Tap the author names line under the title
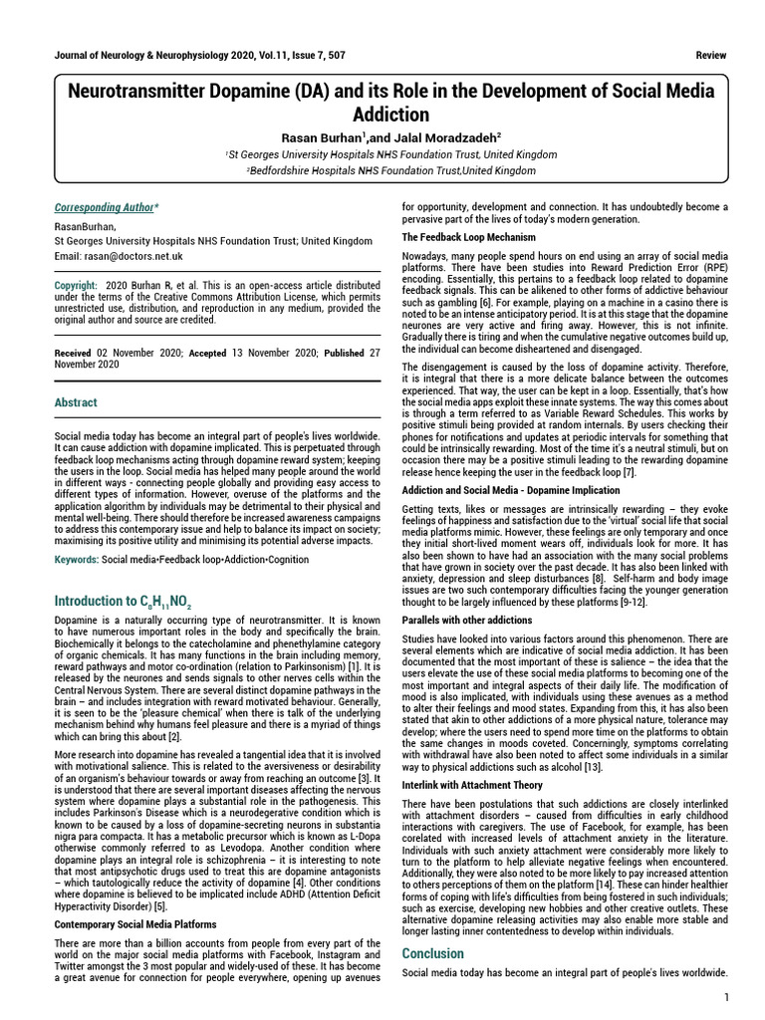389,137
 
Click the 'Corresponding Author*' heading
106,207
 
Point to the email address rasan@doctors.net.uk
119,256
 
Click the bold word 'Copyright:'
76,286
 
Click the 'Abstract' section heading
76,402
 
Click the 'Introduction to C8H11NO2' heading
122,602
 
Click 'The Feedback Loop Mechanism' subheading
468,237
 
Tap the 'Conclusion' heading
433,953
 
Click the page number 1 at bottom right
727,997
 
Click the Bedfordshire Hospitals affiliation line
389,170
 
